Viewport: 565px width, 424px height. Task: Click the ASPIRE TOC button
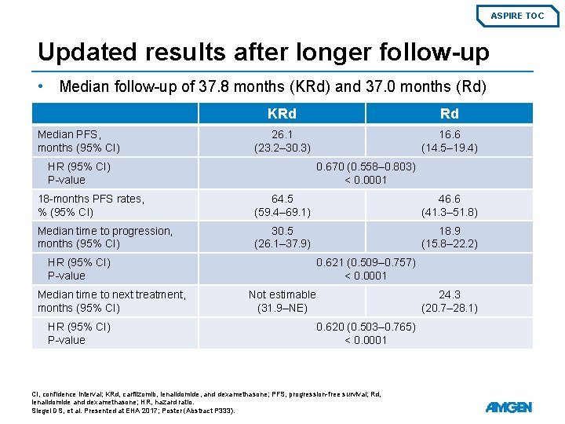click(517, 16)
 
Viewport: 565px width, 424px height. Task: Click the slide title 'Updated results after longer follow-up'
click(263, 52)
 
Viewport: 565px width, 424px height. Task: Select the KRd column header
click(282, 114)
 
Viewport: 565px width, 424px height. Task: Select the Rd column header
click(449, 114)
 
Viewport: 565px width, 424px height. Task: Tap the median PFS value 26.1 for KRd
click(282, 134)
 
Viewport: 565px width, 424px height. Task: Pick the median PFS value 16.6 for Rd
click(449, 134)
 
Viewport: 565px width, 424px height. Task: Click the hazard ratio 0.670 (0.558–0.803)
click(366, 166)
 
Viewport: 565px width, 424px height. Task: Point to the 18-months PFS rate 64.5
click(282, 199)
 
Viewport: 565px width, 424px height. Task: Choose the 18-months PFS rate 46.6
click(449, 199)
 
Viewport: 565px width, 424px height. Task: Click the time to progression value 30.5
click(282, 231)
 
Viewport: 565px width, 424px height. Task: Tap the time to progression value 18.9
click(449, 231)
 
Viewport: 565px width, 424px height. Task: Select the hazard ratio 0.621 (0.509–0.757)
click(366, 262)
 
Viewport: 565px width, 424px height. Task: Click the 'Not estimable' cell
click(282, 294)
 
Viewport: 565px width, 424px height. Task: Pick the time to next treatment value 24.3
click(449, 294)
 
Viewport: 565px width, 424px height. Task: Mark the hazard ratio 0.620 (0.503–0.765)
click(366, 327)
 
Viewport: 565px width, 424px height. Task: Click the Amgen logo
click(508, 407)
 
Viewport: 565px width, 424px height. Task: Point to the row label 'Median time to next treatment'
click(111, 294)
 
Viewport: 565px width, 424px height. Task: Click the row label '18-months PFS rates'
click(91, 199)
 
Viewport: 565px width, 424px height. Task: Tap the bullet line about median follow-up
click(272, 86)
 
